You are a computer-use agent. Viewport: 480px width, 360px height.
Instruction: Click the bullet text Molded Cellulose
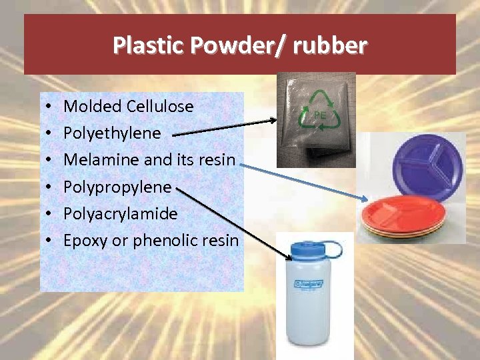tap(128, 106)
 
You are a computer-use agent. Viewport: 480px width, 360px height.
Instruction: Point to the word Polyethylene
tap(112, 133)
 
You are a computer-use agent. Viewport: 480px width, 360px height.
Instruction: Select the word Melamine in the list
tap(94, 159)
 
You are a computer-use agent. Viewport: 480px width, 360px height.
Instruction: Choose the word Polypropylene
tap(117, 187)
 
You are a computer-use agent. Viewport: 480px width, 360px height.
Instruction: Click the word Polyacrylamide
tap(120, 213)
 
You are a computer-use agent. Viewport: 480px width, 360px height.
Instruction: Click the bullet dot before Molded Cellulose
tap(49, 107)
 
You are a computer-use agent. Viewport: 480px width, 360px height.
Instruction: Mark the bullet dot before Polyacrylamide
tap(49, 214)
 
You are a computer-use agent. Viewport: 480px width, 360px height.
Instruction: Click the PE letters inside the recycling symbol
tap(319, 115)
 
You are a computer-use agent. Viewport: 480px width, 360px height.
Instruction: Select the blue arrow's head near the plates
tap(363, 198)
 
